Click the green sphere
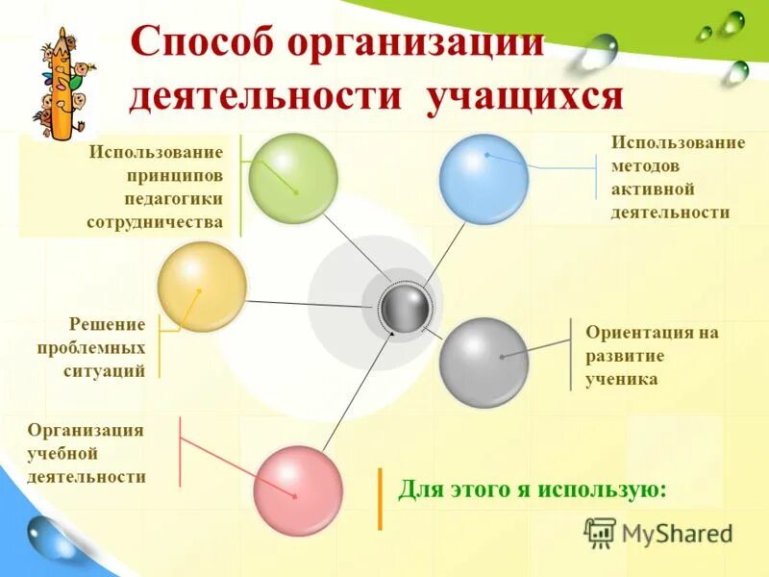point(292,179)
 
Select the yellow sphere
point(202,287)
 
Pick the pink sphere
point(298,490)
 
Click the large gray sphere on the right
point(484,362)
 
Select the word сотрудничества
point(155,222)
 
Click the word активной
point(653,189)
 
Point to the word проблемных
point(92,348)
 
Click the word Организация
point(86,430)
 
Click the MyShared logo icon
point(600,532)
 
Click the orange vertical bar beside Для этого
point(380,499)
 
